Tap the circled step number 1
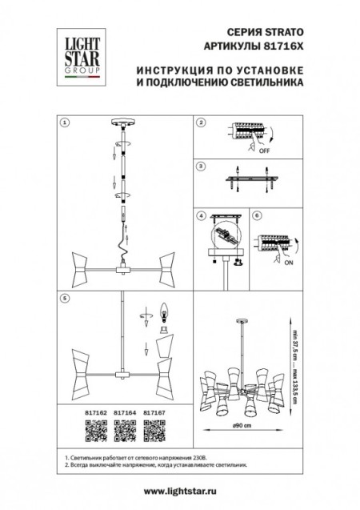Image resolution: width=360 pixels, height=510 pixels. pos(66,124)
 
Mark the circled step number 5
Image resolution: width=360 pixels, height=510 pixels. pos(66,298)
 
